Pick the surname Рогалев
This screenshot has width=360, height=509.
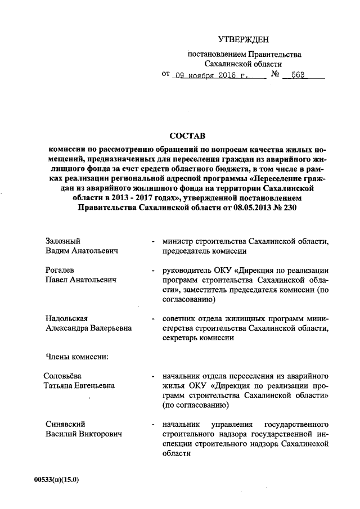coord(60,270)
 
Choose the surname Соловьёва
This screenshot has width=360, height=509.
coord(65,376)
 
